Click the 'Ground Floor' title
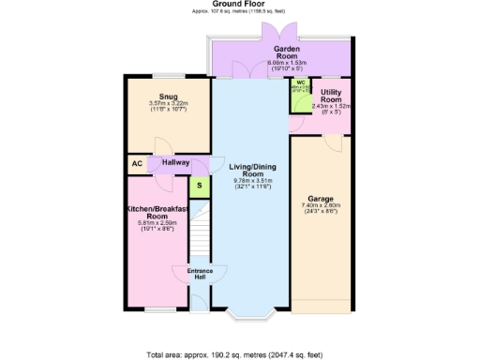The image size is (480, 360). (240, 5)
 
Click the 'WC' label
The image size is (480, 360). (301, 82)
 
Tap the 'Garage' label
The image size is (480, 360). (320, 198)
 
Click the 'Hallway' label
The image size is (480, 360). (175, 162)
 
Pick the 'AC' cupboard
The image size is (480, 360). (136, 164)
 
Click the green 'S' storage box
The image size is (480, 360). (200, 186)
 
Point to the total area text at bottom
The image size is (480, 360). (240, 355)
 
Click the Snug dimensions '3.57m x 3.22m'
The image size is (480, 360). (169, 103)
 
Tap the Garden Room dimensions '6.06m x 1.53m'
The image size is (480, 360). (286, 62)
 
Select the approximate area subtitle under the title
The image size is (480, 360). (240, 13)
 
